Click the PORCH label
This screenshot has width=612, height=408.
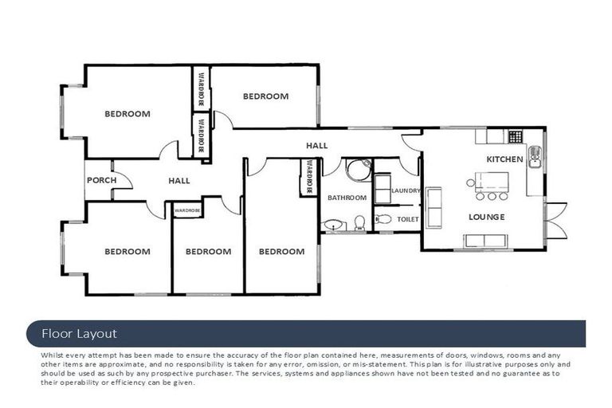[101, 180]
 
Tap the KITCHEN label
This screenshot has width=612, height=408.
[504, 159]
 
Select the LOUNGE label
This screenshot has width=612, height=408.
[486, 216]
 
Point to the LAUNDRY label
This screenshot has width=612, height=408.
[406, 190]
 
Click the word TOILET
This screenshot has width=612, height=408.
[407, 218]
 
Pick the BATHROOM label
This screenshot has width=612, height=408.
[347, 198]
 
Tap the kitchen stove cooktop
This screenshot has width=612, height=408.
[515, 136]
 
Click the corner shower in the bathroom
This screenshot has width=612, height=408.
[359, 171]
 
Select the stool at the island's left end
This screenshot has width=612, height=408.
[481, 196]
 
